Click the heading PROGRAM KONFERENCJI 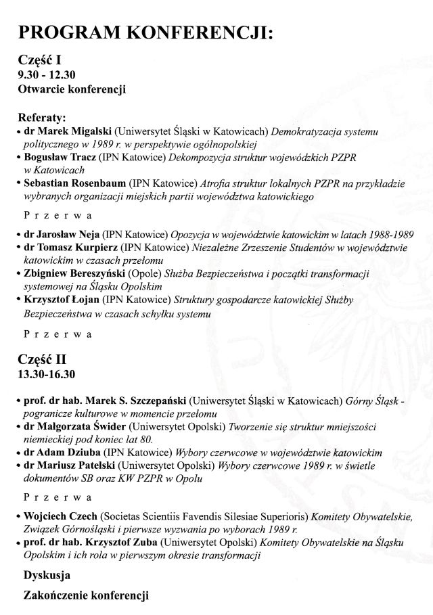145,34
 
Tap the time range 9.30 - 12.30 46,74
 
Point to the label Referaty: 42,116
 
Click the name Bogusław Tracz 60,157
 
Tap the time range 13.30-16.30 46,373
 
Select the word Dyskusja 47,576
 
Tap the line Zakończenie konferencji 86,596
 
